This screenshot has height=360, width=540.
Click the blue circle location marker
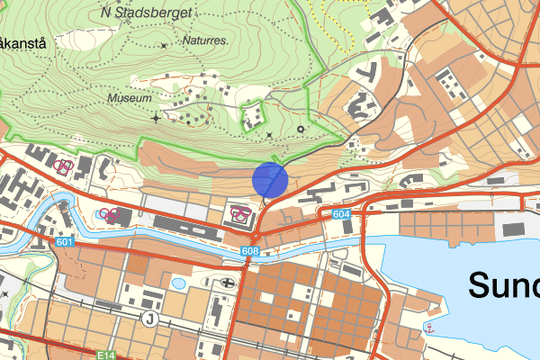pos(269,179)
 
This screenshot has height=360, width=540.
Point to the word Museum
pos(129,97)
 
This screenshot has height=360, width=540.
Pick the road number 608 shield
pos(250,251)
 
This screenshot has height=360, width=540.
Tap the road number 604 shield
pos(340,214)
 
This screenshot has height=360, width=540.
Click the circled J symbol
pos(149,319)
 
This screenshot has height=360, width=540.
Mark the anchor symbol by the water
pos(429,327)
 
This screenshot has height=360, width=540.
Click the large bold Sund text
pos(503,285)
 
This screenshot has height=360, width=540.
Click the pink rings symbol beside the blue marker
pos(239,213)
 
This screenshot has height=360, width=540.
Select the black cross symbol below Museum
pos(156,118)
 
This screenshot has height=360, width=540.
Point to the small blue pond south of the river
pos(178,283)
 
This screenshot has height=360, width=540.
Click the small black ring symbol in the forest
pos(301,130)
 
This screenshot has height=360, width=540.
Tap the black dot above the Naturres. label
pos(163,45)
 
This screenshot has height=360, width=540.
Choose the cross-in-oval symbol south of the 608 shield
pos(224,282)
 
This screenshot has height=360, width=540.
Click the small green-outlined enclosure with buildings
pos(256,114)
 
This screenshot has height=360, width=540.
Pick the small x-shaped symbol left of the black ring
pos(270,135)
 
